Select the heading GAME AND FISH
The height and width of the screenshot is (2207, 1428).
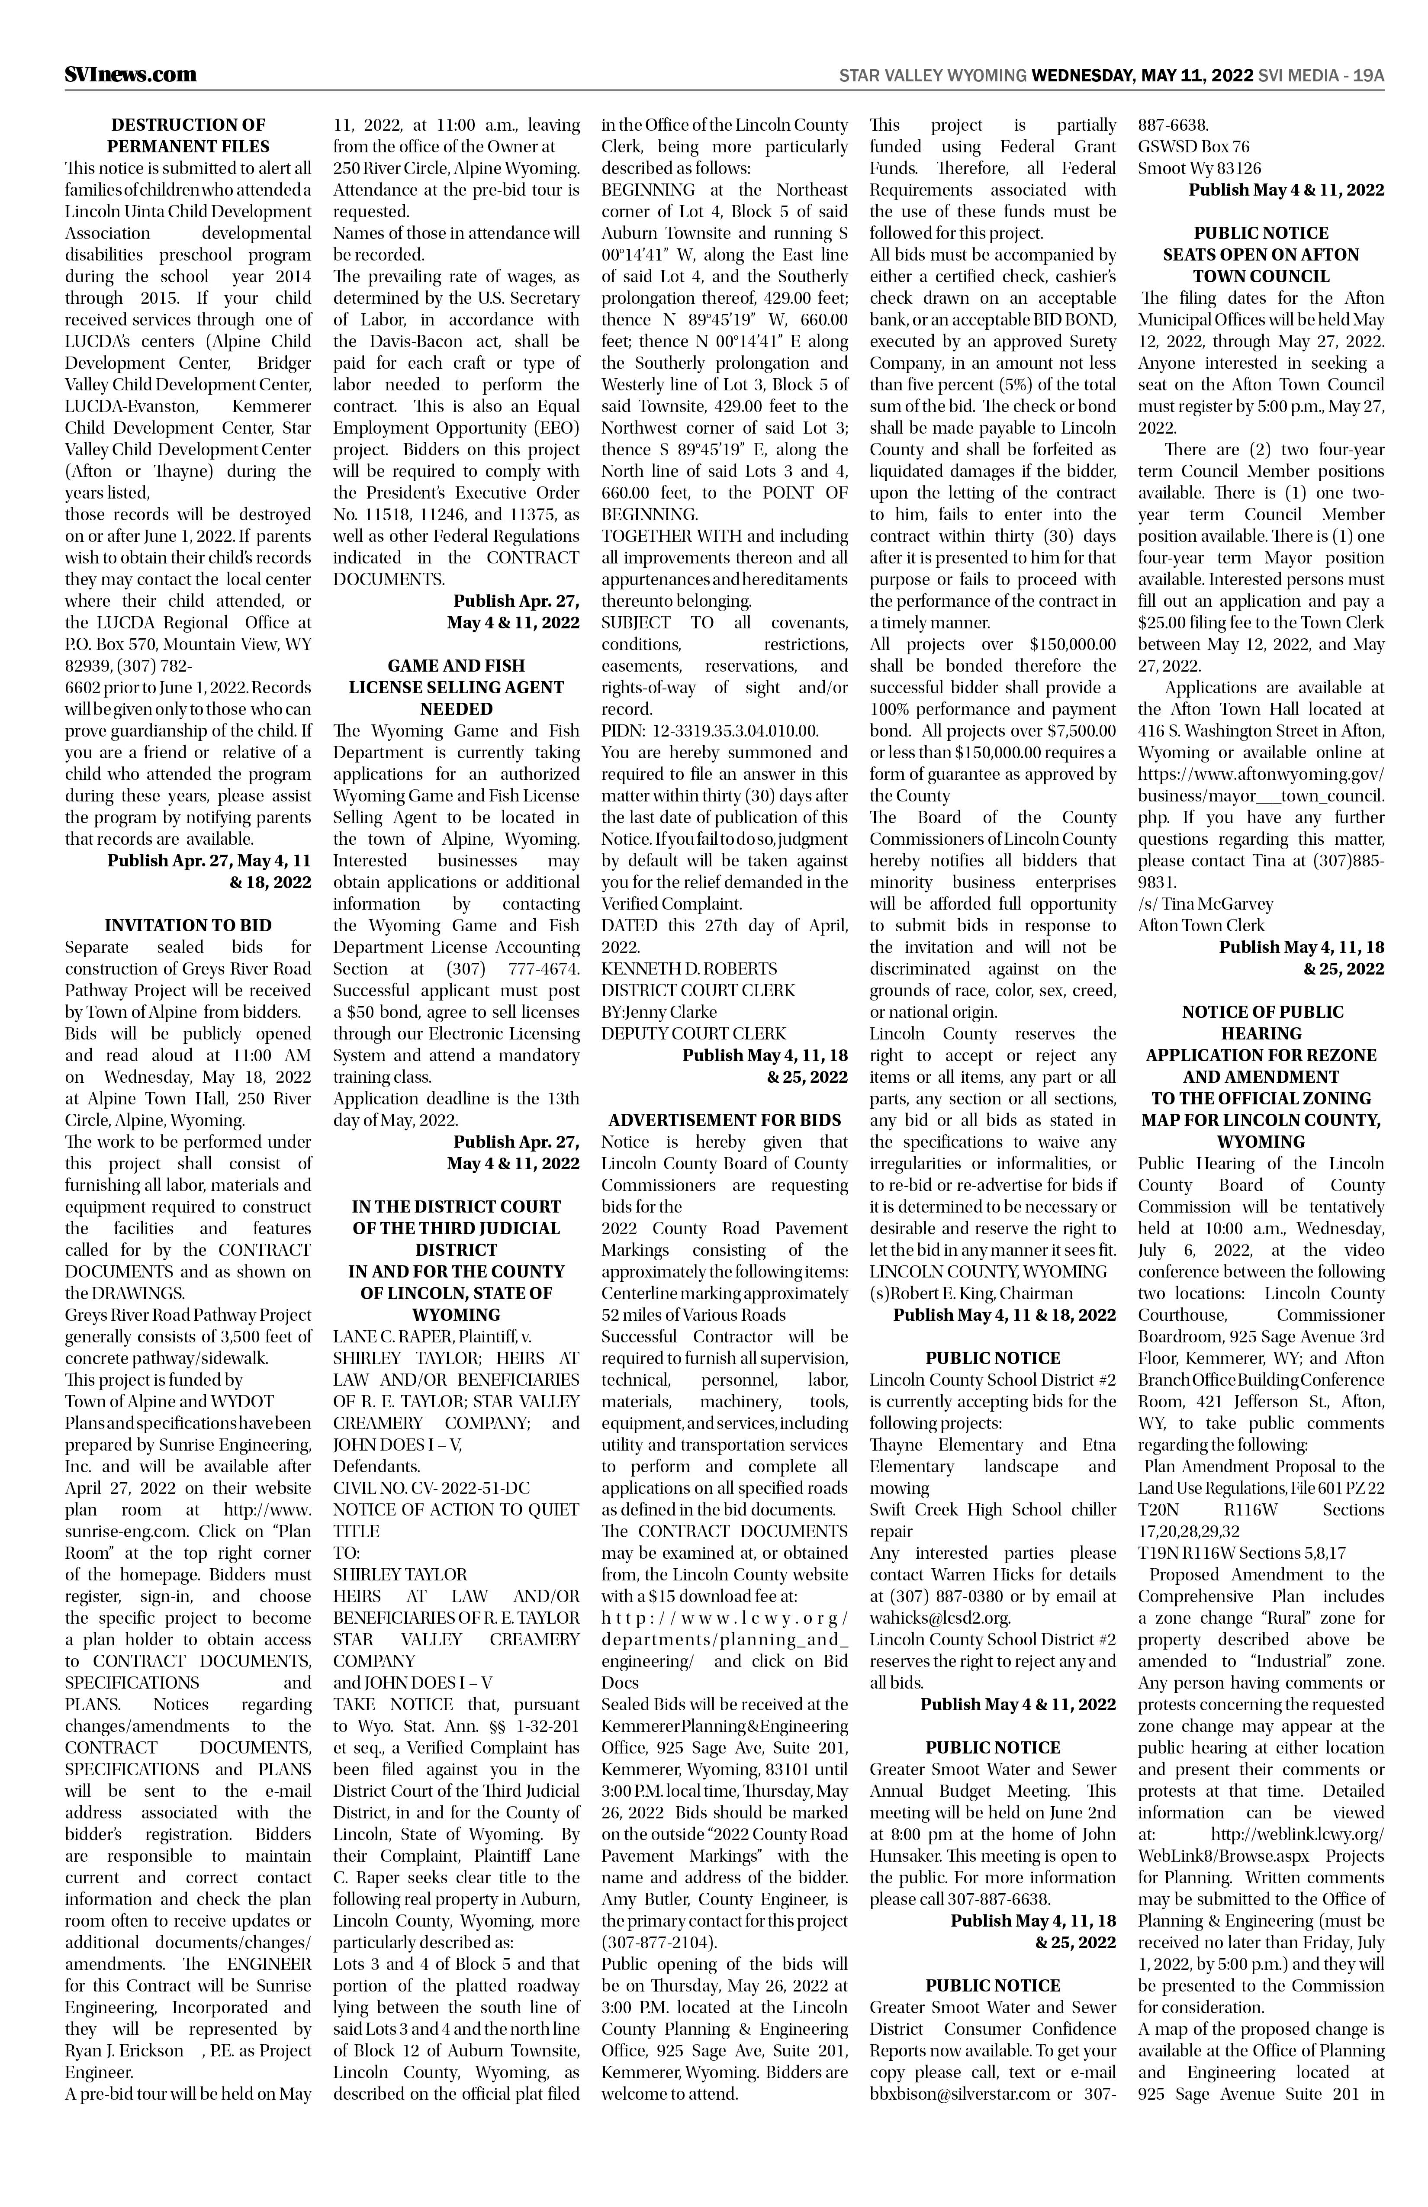pos(455,666)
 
